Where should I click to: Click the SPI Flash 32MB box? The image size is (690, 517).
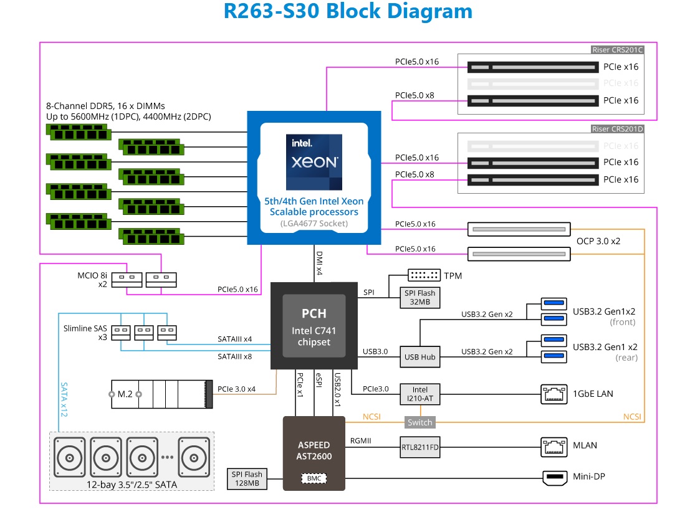click(x=419, y=298)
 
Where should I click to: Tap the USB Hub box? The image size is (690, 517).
click(x=419, y=357)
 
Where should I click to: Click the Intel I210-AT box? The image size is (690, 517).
click(x=419, y=394)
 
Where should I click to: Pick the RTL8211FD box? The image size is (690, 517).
click(x=419, y=446)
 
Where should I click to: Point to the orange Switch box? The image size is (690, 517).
click(x=419, y=422)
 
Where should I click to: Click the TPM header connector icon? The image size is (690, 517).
click(x=424, y=275)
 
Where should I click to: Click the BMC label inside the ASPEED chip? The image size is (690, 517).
click(x=314, y=479)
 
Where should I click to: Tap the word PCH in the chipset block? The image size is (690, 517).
click(x=314, y=313)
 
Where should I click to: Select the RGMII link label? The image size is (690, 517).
click(x=362, y=440)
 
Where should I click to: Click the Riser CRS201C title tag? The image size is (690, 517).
click(x=617, y=50)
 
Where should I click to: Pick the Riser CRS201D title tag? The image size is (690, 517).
click(x=617, y=128)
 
